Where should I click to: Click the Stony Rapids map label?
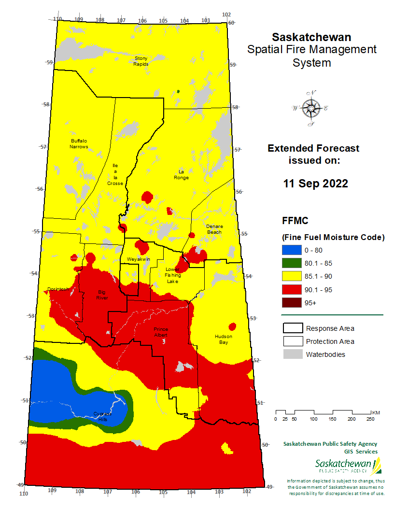(x=141, y=61)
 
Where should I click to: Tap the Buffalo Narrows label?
(x=79, y=143)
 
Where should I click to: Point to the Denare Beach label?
(x=214, y=229)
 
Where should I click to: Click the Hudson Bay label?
(x=224, y=339)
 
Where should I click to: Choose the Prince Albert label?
(x=161, y=331)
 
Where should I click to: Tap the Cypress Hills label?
(x=102, y=416)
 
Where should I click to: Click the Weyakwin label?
(x=139, y=259)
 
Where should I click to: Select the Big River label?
(x=102, y=295)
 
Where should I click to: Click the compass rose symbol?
(x=311, y=108)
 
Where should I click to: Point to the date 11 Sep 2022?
(x=315, y=184)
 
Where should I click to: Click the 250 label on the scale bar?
(x=370, y=419)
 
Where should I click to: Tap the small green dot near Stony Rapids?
(x=178, y=91)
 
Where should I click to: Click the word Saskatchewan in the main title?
(x=311, y=37)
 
